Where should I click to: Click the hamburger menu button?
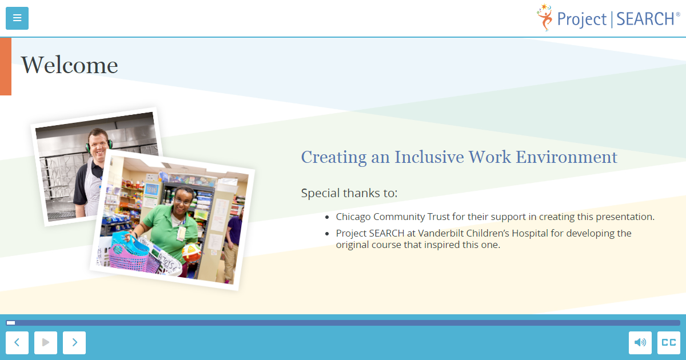[x=17, y=18]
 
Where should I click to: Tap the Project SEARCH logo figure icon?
[x=545, y=18]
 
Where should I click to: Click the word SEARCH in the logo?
[x=645, y=19]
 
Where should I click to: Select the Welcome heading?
[x=69, y=65]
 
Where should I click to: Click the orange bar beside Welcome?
[x=6, y=66]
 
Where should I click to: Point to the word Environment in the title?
[x=567, y=157]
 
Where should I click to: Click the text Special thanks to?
[x=349, y=193]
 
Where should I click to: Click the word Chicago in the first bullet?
[x=353, y=217]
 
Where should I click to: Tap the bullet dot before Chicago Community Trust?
[x=327, y=217]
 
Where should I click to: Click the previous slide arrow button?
[x=17, y=342]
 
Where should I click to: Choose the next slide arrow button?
[x=74, y=342]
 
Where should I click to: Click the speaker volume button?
[x=640, y=342]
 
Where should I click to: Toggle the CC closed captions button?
[x=669, y=342]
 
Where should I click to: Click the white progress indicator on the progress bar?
[x=11, y=323]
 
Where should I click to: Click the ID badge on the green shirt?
[x=181, y=233]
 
